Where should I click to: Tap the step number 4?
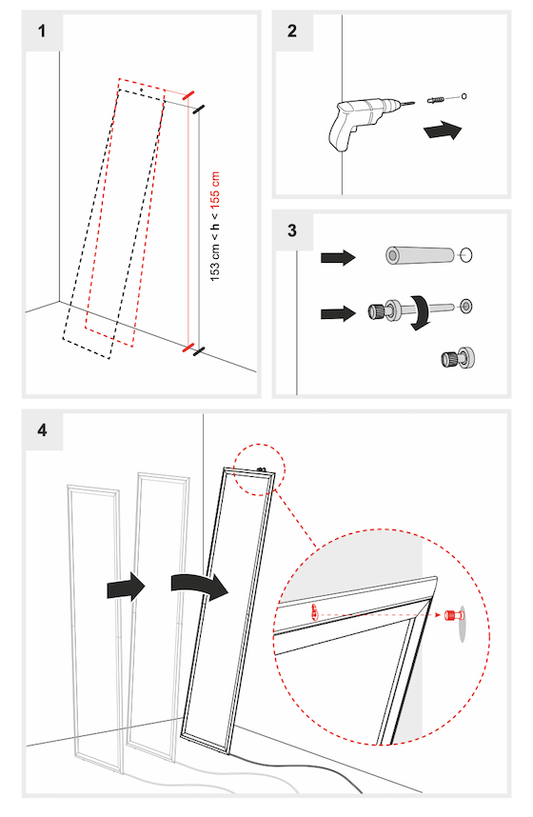(x=42, y=429)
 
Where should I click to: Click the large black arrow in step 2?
(x=444, y=129)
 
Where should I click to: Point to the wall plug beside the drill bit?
(x=438, y=98)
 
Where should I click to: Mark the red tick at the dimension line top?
(x=188, y=95)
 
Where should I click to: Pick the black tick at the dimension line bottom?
(x=198, y=352)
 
